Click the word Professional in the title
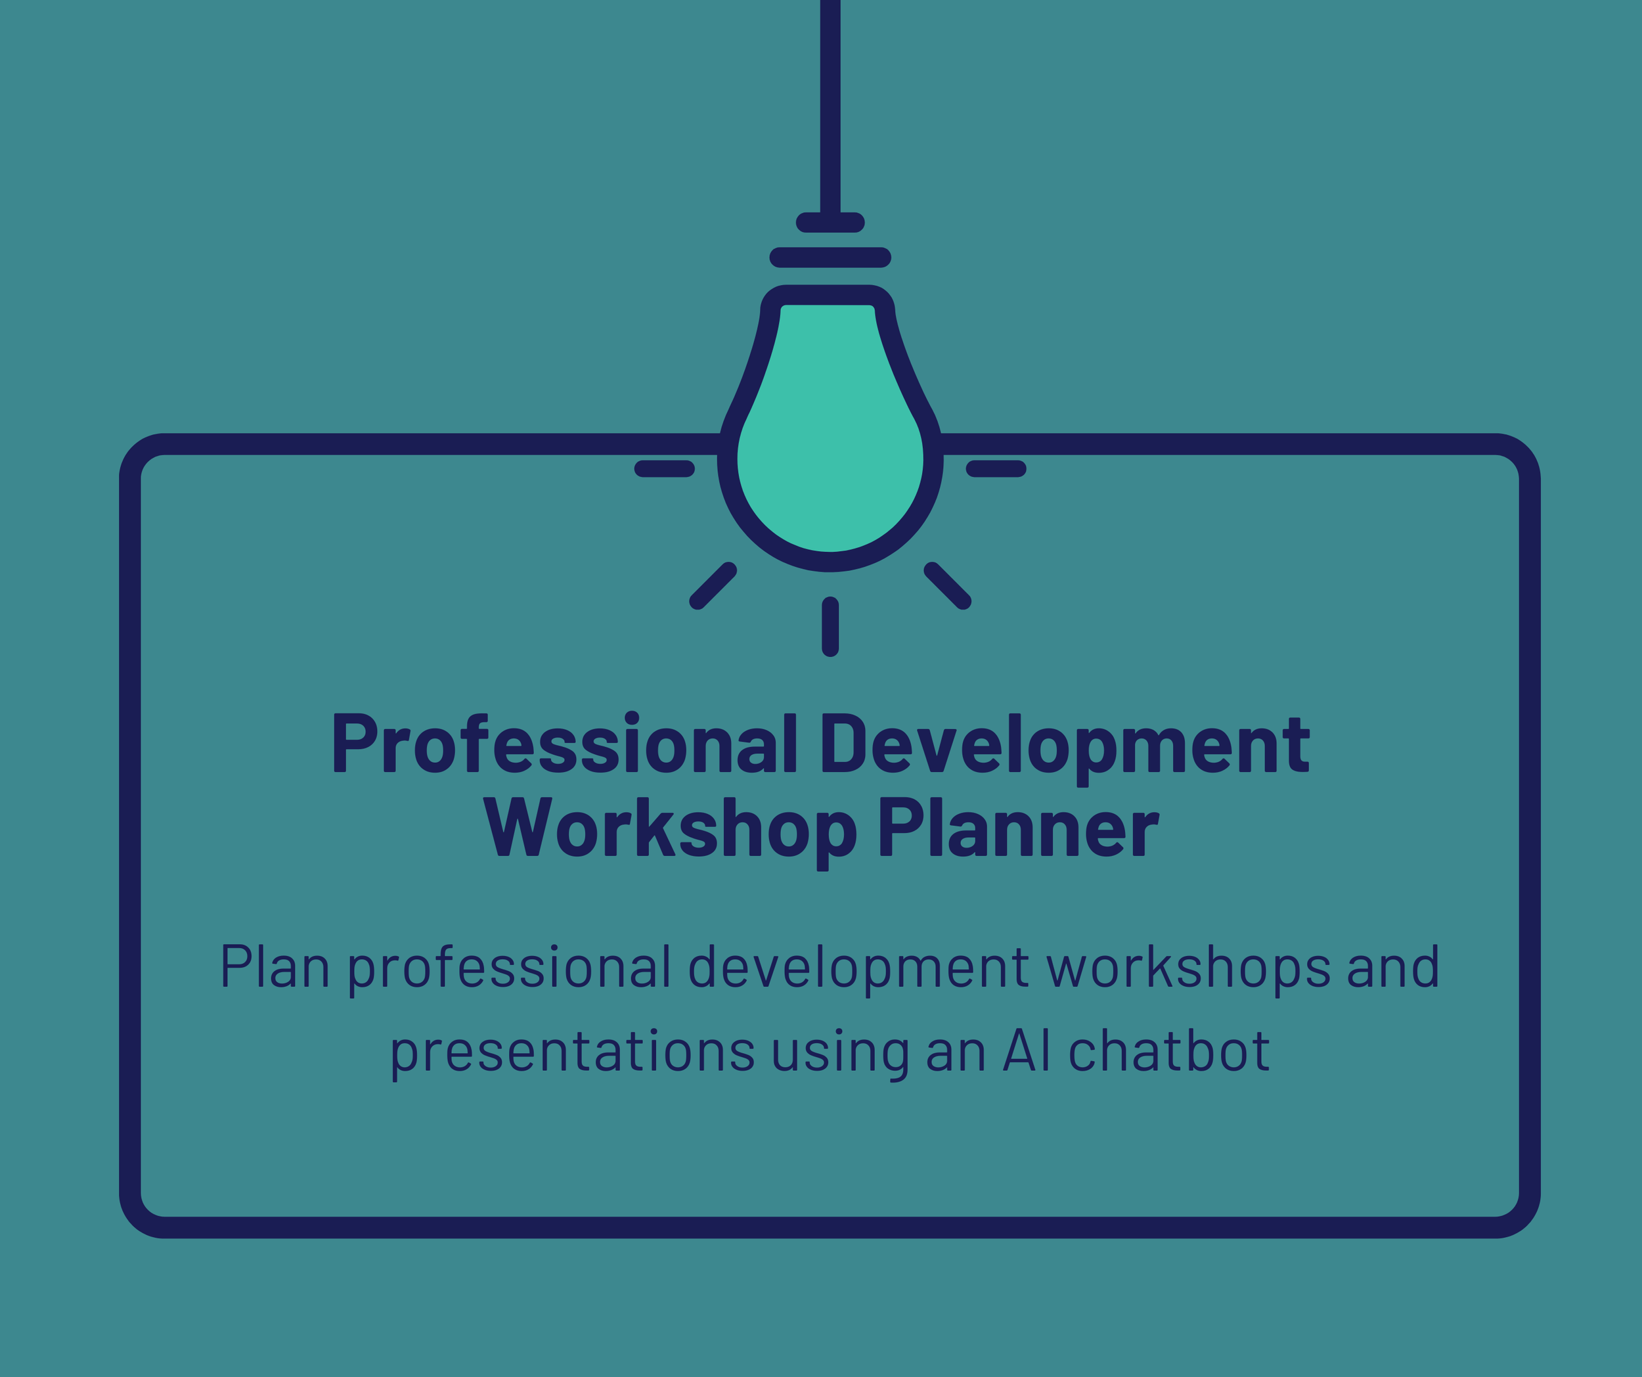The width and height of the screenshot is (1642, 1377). [565, 744]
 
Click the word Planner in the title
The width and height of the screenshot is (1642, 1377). [1018, 827]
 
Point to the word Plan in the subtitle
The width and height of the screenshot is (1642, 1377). [275, 966]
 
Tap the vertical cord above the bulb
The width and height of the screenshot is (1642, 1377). [830, 102]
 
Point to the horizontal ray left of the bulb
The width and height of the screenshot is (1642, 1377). [665, 469]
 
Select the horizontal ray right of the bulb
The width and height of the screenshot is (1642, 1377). [996, 469]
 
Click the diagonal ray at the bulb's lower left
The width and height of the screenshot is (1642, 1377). [713, 585]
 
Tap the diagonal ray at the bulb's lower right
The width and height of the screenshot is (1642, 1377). [948, 585]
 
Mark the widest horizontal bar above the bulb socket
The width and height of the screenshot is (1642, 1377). [830, 258]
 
